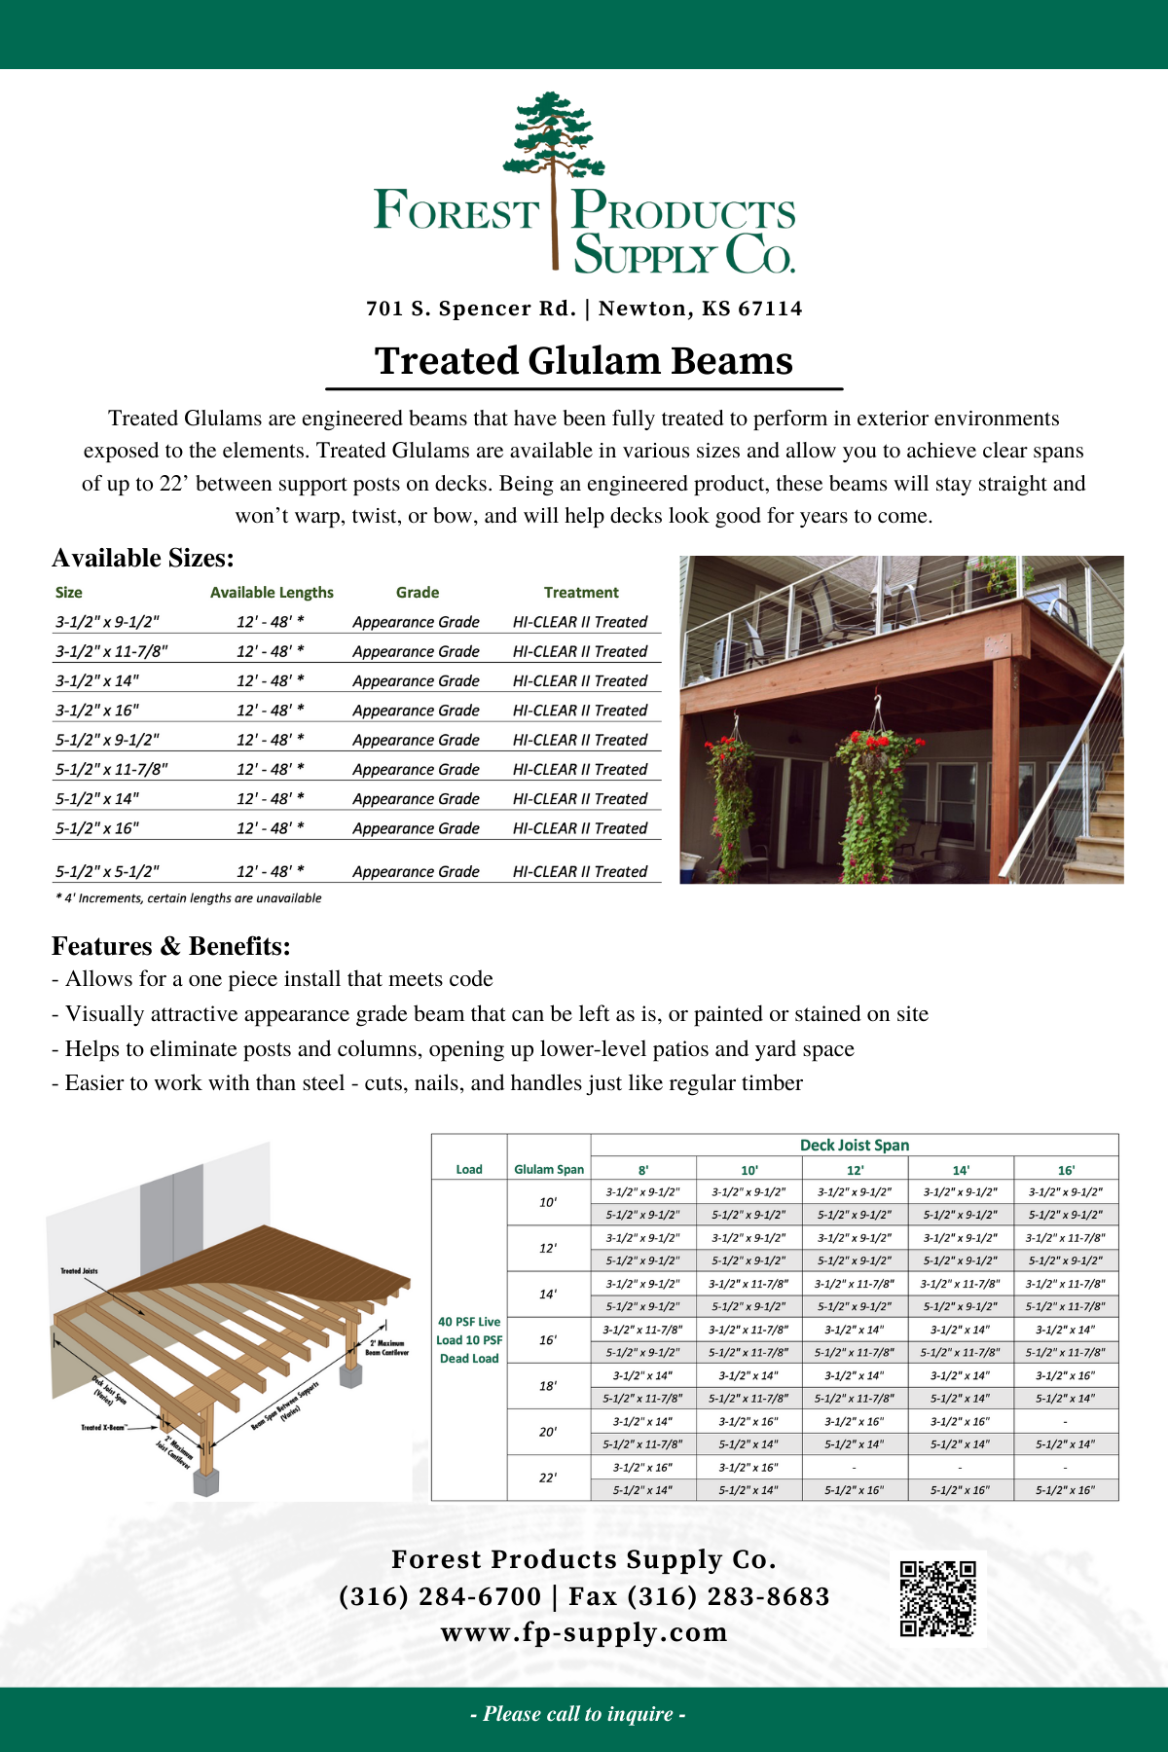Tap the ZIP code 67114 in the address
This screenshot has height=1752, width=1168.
point(770,309)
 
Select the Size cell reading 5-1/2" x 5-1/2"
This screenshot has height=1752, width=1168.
point(107,872)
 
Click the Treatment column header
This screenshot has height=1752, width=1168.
point(581,593)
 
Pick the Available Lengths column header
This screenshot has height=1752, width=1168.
point(272,593)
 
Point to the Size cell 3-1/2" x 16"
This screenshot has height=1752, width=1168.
point(97,711)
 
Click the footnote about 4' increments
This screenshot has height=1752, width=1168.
point(189,898)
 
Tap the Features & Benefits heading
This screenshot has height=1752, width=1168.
point(171,946)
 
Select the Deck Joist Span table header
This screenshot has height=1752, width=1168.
point(854,1146)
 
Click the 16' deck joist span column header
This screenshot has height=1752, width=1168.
point(1066,1171)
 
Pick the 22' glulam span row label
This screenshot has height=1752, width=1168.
point(548,1478)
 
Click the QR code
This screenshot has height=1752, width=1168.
point(937,1598)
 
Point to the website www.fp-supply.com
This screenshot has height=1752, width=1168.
point(584,1632)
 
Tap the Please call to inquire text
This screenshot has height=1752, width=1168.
point(578,1714)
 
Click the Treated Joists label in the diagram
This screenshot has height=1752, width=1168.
point(79,1271)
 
